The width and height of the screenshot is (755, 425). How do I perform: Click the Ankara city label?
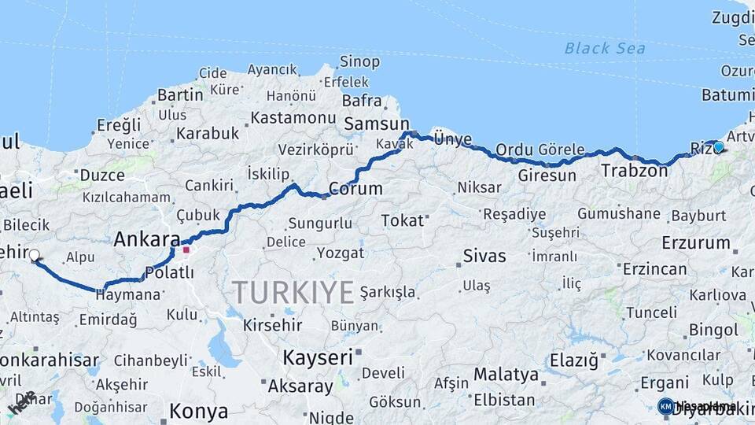[x=147, y=239]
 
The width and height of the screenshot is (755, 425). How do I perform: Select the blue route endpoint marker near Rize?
[x=718, y=146]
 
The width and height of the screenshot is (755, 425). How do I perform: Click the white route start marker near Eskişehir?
[x=34, y=255]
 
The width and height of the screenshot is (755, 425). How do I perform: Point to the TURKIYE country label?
[x=293, y=293]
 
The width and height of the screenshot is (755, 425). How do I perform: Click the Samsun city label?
[x=377, y=124]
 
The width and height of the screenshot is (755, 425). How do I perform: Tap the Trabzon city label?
[x=634, y=170]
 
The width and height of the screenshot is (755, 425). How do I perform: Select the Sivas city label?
[x=484, y=256]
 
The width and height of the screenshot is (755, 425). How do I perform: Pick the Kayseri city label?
[x=318, y=357]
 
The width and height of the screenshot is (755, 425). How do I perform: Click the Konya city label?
[x=199, y=411]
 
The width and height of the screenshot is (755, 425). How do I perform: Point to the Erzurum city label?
[x=696, y=242]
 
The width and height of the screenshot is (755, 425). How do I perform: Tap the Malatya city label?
[x=506, y=375]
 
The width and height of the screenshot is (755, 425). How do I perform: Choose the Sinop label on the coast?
[x=359, y=61]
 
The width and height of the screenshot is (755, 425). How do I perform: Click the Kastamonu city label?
[x=293, y=118]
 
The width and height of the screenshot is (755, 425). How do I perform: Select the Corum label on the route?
[x=355, y=189]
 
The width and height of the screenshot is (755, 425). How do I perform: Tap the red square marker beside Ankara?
[x=186, y=251]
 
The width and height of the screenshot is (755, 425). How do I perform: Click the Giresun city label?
[x=547, y=176]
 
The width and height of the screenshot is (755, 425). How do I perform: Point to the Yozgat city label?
[x=341, y=253]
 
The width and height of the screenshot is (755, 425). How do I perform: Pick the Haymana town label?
[x=128, y=295]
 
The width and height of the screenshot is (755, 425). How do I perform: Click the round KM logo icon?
[x=665, y=406]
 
